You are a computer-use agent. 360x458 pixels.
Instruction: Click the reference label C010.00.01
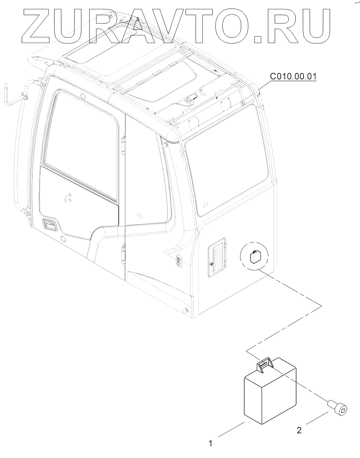293,76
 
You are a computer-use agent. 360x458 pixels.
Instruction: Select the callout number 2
299,430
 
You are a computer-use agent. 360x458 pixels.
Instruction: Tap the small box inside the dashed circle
255,258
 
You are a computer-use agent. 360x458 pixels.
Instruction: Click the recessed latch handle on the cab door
50,226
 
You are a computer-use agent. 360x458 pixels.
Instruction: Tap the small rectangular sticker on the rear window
205,204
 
